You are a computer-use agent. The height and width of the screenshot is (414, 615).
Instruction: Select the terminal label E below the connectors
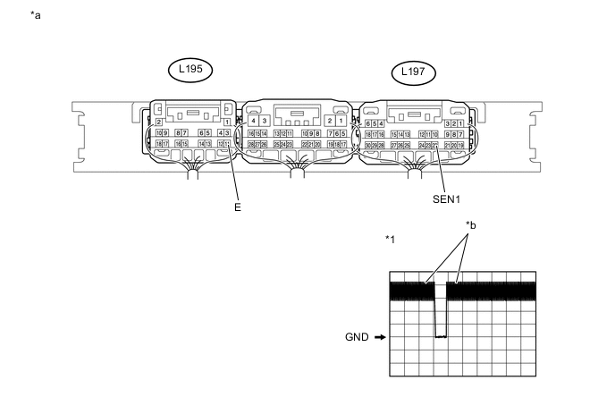(237, 206)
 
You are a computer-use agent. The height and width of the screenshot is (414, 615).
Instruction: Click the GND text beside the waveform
(358, 337)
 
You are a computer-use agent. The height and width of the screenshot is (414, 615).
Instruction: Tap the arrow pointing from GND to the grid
(381, 337)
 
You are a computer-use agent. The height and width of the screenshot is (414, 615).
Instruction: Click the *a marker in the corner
(36, 16)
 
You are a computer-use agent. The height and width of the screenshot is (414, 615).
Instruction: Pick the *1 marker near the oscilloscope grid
(391, 239)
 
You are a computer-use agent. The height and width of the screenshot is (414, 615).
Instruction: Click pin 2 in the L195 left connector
(159, 122)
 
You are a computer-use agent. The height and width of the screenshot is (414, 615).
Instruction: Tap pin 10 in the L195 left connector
(157, 132)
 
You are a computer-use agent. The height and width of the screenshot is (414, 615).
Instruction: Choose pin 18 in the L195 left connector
(158, 143)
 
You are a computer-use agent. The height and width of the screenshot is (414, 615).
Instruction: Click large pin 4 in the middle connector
(253, 120)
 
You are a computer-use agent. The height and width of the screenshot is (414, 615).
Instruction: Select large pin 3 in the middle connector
(265, 120)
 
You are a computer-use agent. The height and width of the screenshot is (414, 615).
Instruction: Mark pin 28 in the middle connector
(251, 143)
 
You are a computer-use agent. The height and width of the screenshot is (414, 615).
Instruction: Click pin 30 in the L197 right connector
(368, 143)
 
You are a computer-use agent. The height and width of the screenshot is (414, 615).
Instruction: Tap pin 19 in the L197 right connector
(461, 143)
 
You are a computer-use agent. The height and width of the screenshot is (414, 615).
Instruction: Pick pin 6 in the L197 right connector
(368, 123)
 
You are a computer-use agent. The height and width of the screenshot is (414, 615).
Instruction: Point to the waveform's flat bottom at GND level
(440, 336)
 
